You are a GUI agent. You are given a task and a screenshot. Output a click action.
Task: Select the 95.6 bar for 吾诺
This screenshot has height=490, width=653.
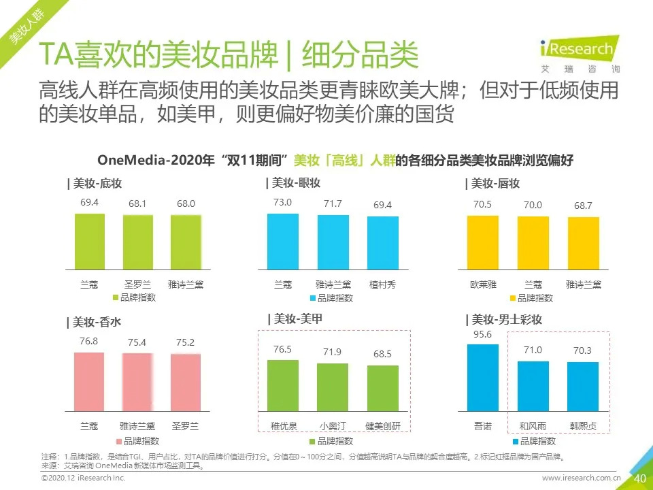(x=483, y=378)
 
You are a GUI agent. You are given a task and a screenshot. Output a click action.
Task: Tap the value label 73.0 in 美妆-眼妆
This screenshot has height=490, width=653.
(x=282, y=202)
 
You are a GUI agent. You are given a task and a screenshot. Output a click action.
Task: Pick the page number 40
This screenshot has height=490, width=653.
(x=639, y=478)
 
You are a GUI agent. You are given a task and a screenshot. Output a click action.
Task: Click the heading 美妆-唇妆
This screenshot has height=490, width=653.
(x=494, y=184)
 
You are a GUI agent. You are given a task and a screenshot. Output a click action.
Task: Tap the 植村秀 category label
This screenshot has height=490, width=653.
(x=383, y=284)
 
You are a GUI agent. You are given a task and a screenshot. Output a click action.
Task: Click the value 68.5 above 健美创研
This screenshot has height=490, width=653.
(x=383, y=355)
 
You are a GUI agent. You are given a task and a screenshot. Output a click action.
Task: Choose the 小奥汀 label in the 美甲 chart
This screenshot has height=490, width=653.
(x=333, y=427)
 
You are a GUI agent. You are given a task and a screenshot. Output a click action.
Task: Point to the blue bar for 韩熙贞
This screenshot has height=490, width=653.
(x=583, y=387)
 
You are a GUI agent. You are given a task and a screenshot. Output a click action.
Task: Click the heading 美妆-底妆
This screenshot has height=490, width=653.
(x=96, y=184)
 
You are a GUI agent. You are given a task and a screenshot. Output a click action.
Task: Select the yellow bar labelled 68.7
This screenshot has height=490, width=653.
(x=583, y=243)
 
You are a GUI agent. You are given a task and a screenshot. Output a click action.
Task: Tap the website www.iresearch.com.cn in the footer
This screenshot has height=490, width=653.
(x=582, y=479)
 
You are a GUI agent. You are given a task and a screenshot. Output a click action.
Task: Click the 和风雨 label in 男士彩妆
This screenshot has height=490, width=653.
(x=533, y=427)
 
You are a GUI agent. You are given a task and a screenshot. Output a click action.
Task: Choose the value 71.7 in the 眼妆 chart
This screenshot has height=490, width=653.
(x=333, y=203)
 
